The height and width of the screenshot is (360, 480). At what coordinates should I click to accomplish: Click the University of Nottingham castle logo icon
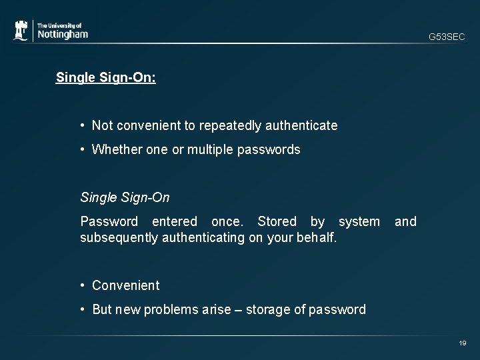point(22,31)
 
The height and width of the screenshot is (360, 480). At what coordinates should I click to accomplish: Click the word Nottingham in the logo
point(62,34)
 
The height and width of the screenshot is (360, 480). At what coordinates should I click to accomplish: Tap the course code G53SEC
point(447,37)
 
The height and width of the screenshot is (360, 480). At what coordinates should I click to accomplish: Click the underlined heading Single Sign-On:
point(106,77)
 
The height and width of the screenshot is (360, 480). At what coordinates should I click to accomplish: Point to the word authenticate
point(303,125)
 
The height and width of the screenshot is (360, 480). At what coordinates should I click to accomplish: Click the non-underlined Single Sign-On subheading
point(125,197)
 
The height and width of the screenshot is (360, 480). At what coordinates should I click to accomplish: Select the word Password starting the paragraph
point(109,221)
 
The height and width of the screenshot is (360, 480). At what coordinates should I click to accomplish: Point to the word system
point(359,221)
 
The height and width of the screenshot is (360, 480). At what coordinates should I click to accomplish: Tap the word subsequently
point(119,237)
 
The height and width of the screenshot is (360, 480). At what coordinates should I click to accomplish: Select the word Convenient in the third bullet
point(126,285)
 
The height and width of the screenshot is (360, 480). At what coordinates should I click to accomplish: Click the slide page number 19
point(462,343)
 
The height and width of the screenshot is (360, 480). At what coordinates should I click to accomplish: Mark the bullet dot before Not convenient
point(82,125)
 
